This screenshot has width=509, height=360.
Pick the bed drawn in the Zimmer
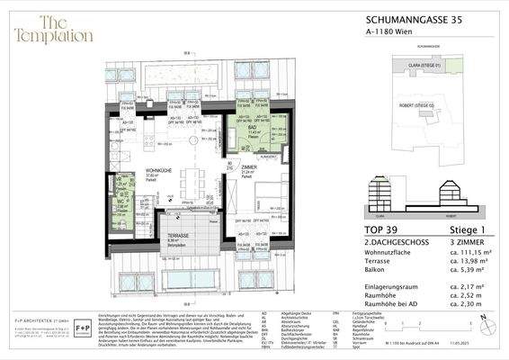click(x=270, y=199)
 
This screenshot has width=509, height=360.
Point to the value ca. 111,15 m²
click(x=472, y=255)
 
